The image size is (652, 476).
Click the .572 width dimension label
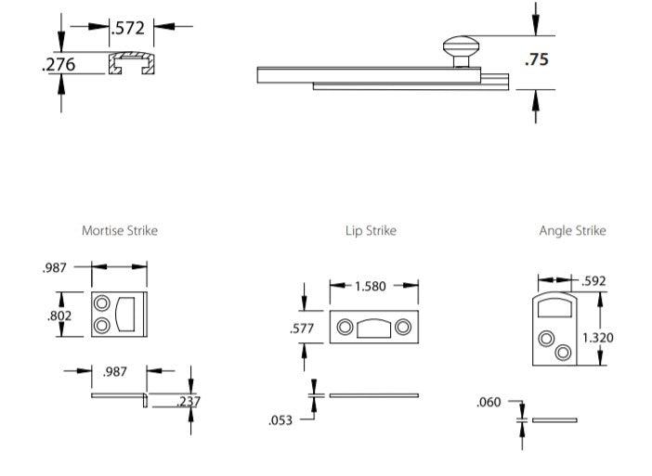pos(128,28)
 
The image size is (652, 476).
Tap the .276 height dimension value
pos(59,65)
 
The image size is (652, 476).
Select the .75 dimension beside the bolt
pos(536,59)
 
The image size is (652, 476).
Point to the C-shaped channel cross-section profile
pos(129,64)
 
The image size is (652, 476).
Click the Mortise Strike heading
pos(119,230)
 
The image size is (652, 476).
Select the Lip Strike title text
pos(371,230)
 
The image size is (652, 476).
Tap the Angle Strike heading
pos(572,230)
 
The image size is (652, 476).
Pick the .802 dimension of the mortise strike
pos(59,315)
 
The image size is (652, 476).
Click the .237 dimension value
pos(189,401)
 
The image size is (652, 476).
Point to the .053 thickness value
pos(280,420)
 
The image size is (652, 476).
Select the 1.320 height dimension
pos(597,338)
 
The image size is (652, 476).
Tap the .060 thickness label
pos(489,402)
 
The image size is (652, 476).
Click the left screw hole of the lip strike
pos(345,328)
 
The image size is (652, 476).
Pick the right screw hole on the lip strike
pos(402,328)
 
